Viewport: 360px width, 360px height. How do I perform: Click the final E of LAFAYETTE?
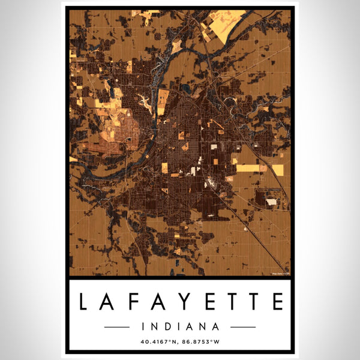click(x=277, y=302)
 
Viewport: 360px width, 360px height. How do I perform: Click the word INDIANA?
click(x=180, y=327)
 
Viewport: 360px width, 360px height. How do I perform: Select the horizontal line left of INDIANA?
click(x=116, y=327)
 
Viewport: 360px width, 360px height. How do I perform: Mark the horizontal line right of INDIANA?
click(x=243, y=327)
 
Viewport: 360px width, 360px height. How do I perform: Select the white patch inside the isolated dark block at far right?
click(x=271, y=202)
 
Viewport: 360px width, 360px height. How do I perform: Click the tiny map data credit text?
click(x=281, y=274)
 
